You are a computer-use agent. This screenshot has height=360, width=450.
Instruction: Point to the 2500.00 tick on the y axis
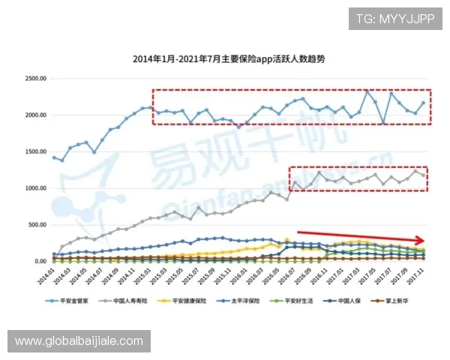(x=35, y=78)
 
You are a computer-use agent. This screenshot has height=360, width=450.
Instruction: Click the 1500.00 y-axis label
(x=35, y=151)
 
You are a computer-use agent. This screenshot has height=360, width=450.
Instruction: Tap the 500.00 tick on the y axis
(x=37, y=225)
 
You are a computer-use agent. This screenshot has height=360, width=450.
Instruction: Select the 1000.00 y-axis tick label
(x=35, y=188)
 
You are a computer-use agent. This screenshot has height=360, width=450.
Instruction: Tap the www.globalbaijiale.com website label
(x=79, y=341)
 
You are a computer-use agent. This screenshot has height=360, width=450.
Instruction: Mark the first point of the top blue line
(x=54, y=157)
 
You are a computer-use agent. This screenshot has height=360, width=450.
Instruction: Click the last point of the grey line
(x=424, y=176)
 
